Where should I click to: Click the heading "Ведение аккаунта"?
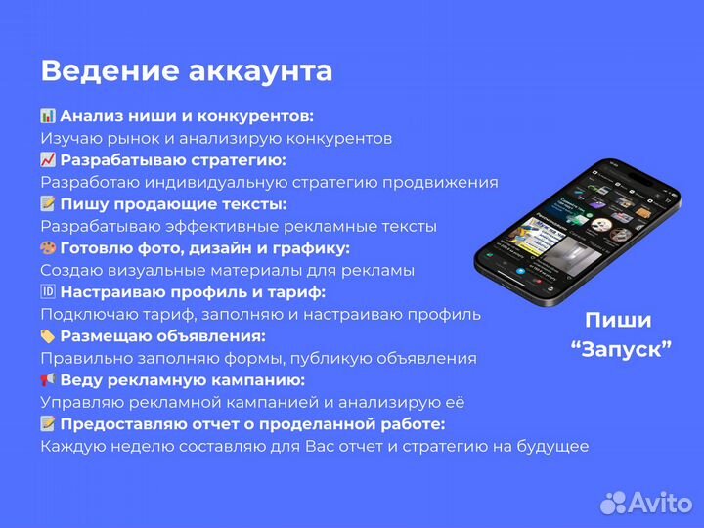186,71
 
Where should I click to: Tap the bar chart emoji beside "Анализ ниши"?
48,116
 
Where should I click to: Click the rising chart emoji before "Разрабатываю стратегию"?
48,160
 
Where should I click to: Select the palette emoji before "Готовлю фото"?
48,248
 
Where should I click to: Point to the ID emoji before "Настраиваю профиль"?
48,292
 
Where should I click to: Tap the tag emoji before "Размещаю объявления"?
48,336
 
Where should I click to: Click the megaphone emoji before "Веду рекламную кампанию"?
48,380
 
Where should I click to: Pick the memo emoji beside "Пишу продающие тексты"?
48,204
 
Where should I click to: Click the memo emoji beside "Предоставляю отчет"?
48,424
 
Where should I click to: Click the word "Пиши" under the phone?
618,321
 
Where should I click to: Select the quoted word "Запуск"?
621,349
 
